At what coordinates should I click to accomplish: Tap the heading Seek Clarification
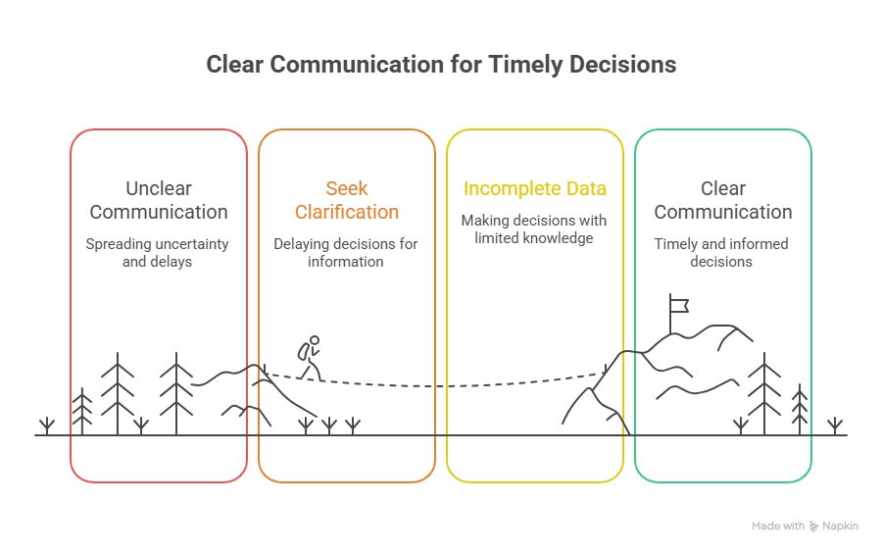[347, 200]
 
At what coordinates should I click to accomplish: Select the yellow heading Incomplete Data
[534, 188]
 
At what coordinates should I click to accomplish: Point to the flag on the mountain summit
[678, 303]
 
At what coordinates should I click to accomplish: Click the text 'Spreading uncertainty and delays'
[158, 252]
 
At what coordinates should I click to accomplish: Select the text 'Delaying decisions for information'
[346, 252]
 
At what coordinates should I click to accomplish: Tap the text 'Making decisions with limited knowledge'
[534, 228]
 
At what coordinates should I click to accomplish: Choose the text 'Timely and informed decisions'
[722, 252]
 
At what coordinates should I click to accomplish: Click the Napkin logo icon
[813, 527]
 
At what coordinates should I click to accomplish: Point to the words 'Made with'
[778, 527]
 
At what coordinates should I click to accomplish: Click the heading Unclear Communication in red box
[158, 200]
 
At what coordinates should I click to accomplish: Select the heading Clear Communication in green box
[722, 200]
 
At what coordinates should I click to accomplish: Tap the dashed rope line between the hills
[441, 384]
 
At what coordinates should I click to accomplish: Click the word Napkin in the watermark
[840, 527]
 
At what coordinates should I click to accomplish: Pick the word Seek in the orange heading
[347, 188]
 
